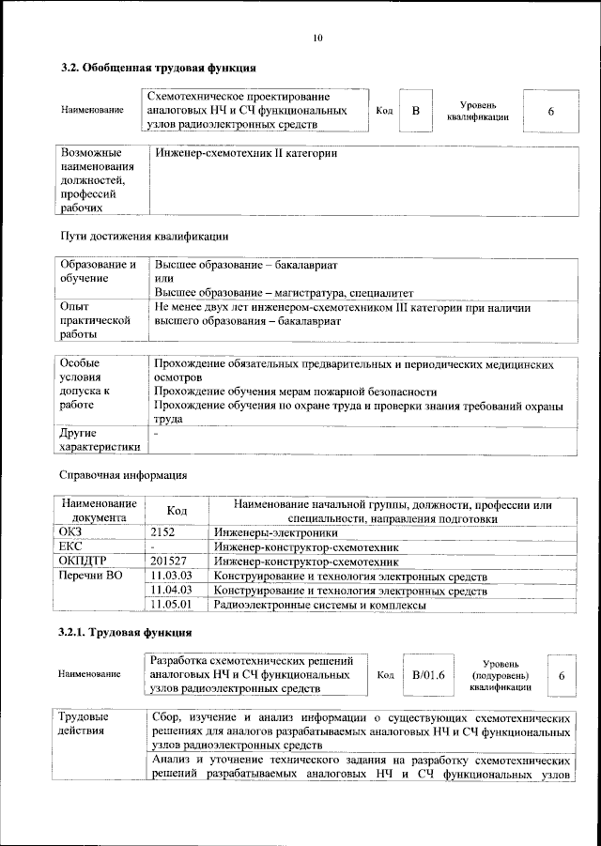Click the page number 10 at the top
[x=316, y=38]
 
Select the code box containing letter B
[x=416, y=112]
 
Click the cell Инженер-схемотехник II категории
[x=246, y=153]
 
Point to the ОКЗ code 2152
[x=164, y=531]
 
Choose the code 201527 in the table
[x=169, y=561]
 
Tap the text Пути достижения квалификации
[x=144, y=236]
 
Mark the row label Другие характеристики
[x=100, y=439]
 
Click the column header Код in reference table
[x=176, y=510]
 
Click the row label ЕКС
[x=71, y=546]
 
